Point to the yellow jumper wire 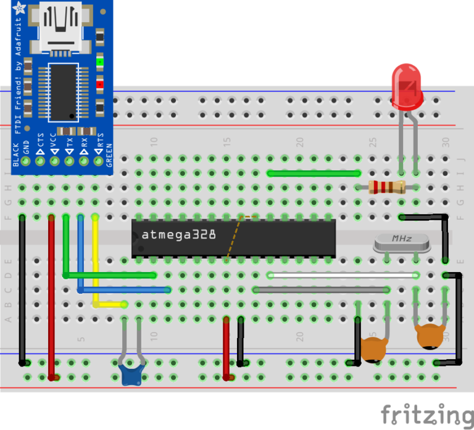pyautogui.click(x=96, y=265)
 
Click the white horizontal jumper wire pyautogui.click(x=343, y=275)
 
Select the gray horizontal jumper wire pyautogui.click(x=321, y=289)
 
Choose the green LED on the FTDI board pyautogui.click(x=100, y=62)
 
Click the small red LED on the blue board pyautogui.click(x=100, y=86)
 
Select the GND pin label pyautogui.click(x=26, y=147)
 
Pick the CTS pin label pyautogui.click(x=40, y=143)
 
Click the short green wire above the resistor pyautogui.click(x=314, y=173)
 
